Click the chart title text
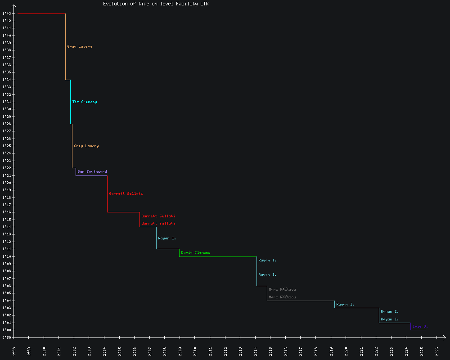(x=156, y=4)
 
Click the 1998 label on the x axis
(x=14, y=351)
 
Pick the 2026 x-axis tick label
(x=437, y=351)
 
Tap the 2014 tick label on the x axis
(x=256, y=351)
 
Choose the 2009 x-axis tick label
(x=180, y=351)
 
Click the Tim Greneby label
(x=85, y=102)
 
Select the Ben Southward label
(x=92, y=171)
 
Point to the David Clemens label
(x=196, y=253)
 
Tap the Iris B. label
(x=420, y=326)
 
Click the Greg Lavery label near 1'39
(x=80, y=47)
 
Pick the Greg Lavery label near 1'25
(x=86, y=146)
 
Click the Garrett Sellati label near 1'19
(x=126, y=194)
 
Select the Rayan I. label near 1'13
(x=167, y=238)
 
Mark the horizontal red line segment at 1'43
(x=41, y=13)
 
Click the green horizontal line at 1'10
(x=218, y=256)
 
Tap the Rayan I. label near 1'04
(x=345, y=305)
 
